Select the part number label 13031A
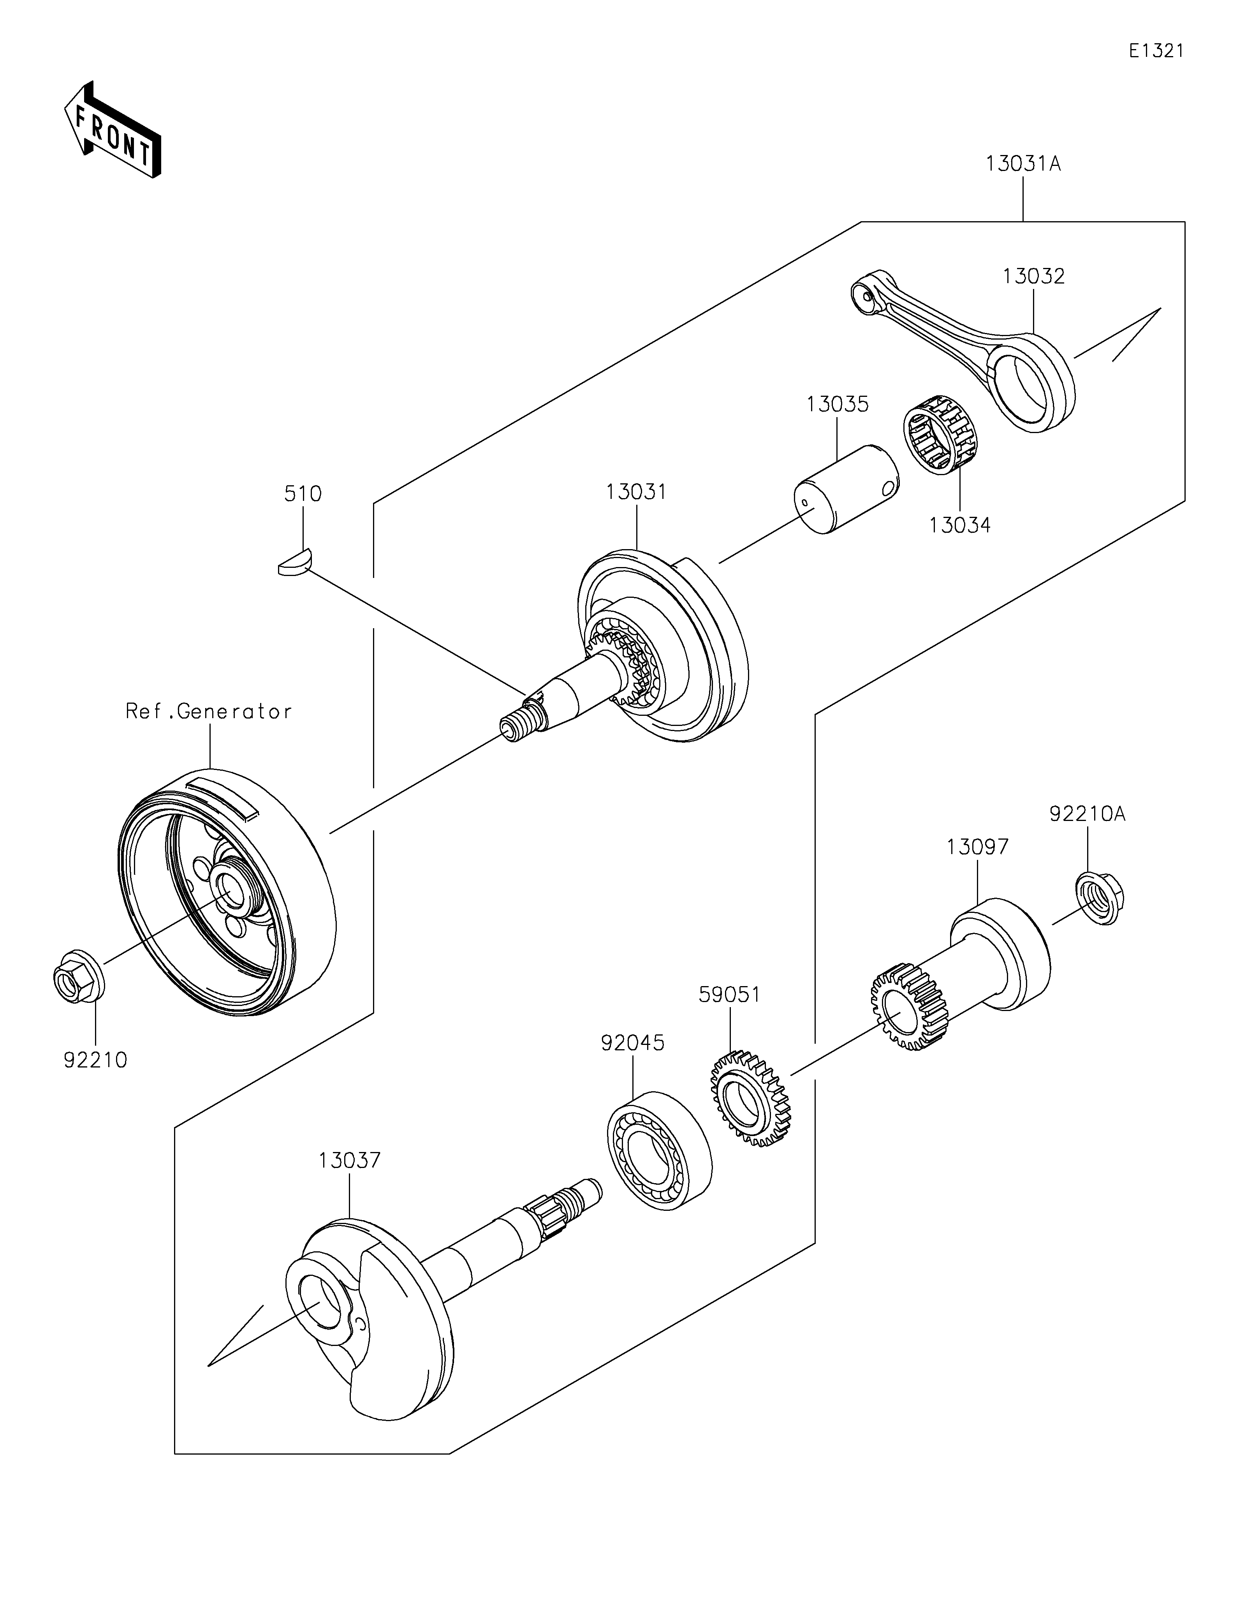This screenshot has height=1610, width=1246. tap(1024, 164)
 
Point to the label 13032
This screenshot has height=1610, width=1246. tap(1034, 277)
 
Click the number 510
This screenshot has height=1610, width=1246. tap(303, 494)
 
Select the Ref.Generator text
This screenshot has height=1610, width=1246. tap(209, 712)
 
